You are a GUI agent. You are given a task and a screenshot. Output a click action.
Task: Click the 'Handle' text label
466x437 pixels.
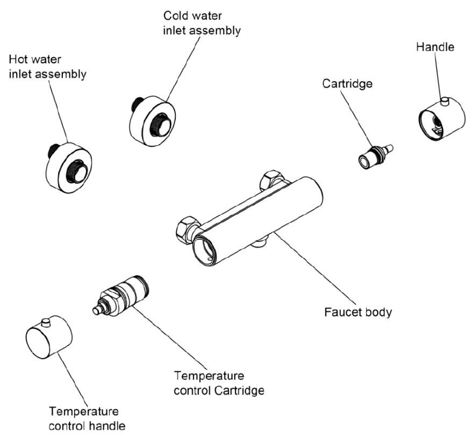pyautogui.click(x=435, y=47)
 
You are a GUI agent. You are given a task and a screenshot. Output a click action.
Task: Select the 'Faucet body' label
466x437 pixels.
pyautogui.click(x=359, y=311)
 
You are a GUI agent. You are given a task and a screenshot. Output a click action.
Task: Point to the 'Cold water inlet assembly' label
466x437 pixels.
pyautogui.click(x=202, y=24)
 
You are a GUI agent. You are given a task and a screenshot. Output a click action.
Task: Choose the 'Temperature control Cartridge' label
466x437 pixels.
pyautogui.click(x=219, y=382)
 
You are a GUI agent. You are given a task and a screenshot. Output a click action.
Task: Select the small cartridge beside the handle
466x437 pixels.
pyautogui.click(x=373, y=154)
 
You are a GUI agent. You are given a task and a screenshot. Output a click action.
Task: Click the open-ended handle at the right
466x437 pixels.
pyautogui.click(x=440, y=118)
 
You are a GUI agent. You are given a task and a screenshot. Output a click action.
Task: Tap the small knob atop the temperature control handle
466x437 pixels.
pyautogui.click(x=46, y=321)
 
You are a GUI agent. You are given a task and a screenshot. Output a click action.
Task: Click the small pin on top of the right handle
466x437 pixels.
pyautogui.click(x=445, y=100)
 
